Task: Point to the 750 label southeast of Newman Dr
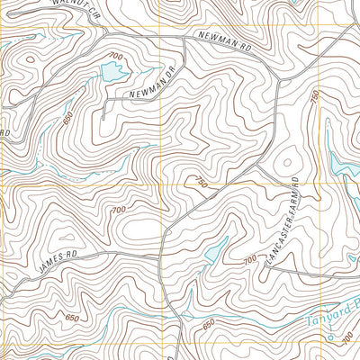point(199,183)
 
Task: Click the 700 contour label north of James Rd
point(118,210)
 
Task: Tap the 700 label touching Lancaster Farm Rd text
point(251,259)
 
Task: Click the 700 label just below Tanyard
point(347,337)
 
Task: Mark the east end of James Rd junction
point(160,253)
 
